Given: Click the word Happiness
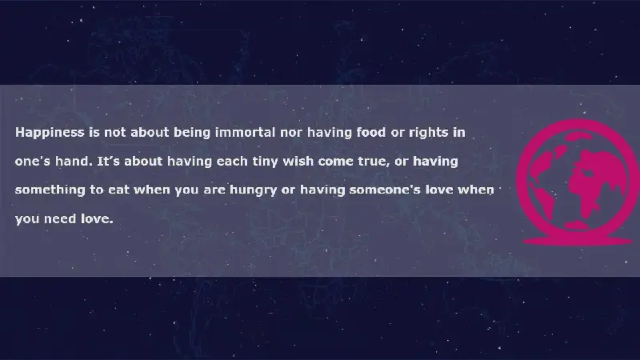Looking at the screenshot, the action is (50, 133).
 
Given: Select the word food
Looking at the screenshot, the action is (370, 132).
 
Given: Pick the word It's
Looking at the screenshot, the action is (108, 161).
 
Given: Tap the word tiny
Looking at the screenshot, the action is (266, 162).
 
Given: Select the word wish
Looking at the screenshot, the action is (298, 161).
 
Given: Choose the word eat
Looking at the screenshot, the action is (118, 190).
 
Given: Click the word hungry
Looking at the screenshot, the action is (253, 190).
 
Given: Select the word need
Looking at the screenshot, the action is (60, 218).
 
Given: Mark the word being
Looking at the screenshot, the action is (192, 133).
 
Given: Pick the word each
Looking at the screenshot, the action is (232, 161).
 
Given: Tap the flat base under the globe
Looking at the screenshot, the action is (578, 242).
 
